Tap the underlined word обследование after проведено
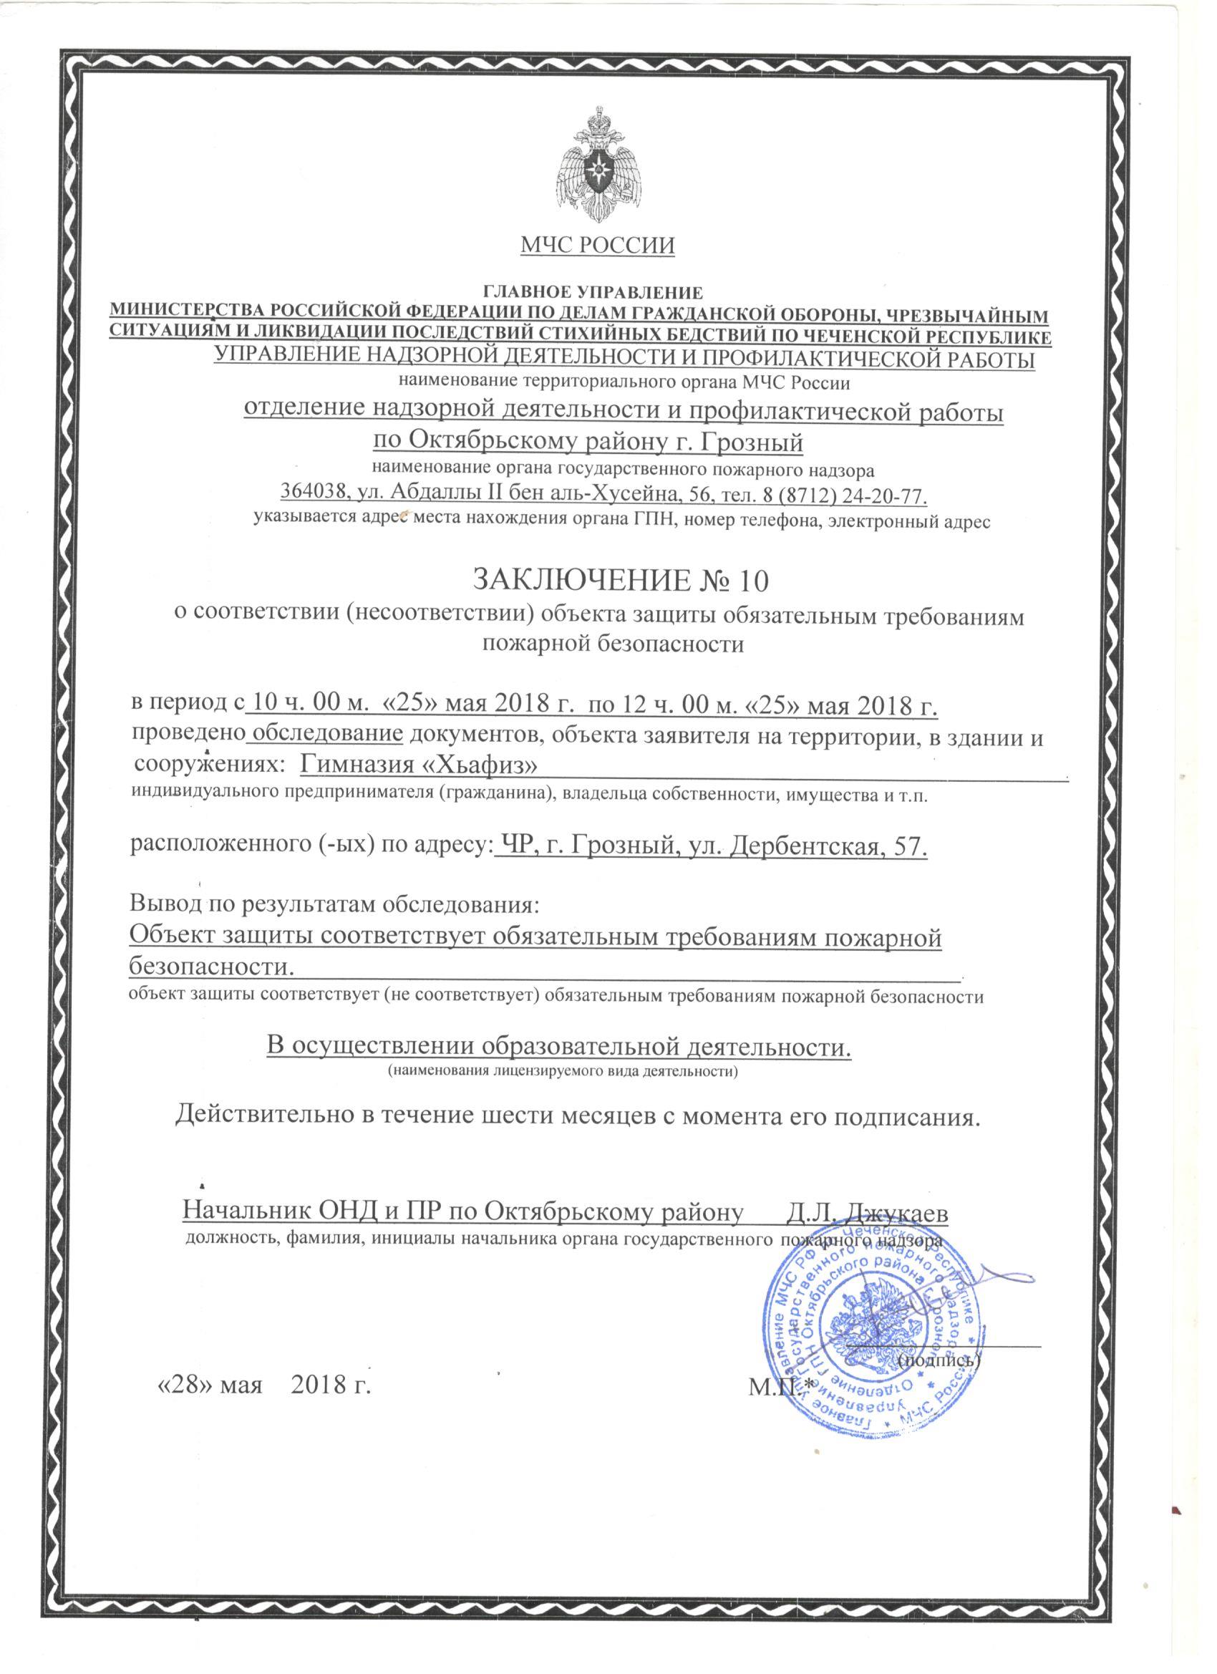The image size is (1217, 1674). [328, 736]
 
